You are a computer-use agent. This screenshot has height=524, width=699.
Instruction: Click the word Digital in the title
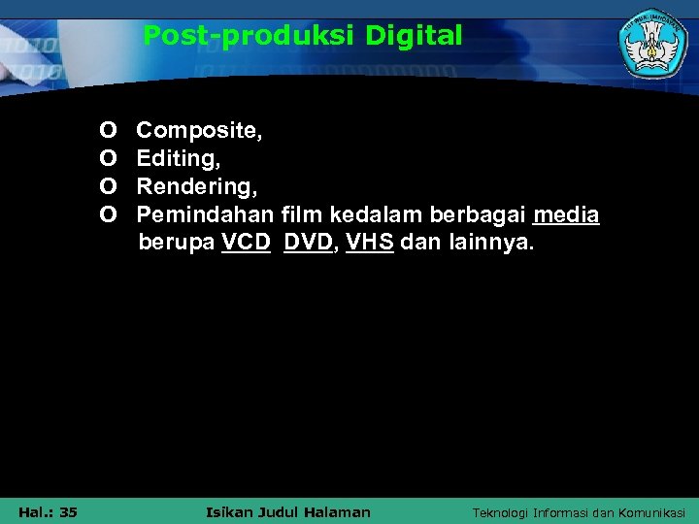[415, 37]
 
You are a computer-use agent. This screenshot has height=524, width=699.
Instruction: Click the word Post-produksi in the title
[250, 37]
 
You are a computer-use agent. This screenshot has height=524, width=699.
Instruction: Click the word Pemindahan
[206, 213]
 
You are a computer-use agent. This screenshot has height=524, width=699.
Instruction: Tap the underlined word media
[566, 213]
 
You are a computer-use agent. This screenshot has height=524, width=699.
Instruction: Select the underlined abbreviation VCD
[246, 242]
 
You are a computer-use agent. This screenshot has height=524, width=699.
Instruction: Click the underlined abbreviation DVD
[308, 242]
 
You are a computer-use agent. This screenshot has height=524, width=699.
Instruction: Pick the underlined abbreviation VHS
[370, 242]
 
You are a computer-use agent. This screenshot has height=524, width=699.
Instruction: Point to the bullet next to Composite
[109, 130]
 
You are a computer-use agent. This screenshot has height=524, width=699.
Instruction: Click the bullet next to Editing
[109, 157]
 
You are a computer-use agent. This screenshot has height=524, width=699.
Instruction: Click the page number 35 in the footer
[68, 511]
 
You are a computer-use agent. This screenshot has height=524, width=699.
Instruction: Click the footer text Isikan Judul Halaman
[289, 511]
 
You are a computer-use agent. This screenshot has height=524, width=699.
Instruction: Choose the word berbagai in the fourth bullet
[482, 213]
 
